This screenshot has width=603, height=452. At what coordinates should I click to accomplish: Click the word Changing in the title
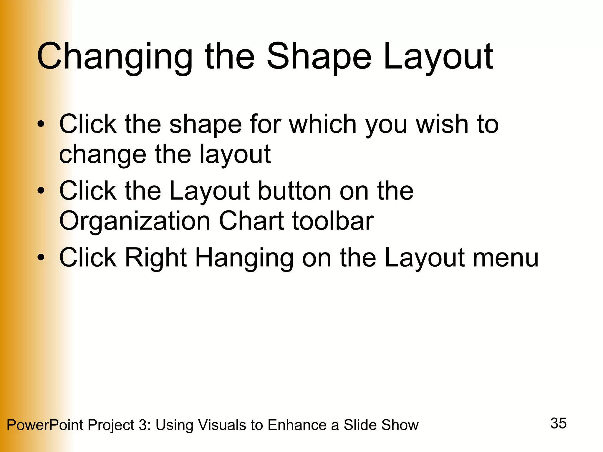[x=115, y=57]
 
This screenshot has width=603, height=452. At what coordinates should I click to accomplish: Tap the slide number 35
[x=558, y=423]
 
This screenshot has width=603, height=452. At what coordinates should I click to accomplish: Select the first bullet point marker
[x=41, y=124]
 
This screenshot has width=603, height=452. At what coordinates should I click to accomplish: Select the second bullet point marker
[x=41, y=191]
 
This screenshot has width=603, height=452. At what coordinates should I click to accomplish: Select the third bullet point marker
[x=41, y=258]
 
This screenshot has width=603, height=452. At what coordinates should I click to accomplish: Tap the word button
[x=295, y=191]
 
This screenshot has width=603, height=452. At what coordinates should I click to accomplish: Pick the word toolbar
[x=333, y=221]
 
